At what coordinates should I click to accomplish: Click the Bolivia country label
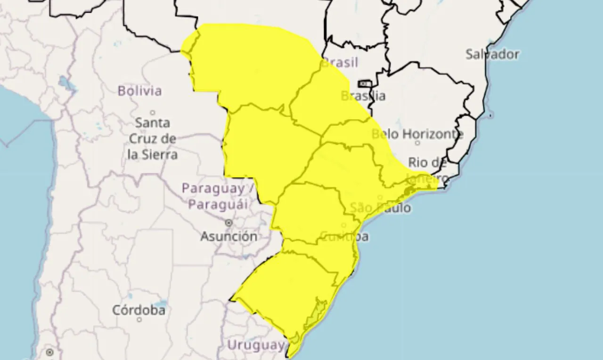click(139, 90)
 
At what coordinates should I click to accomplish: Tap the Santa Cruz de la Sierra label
click(153, 138)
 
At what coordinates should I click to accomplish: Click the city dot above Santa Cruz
click(153, 113)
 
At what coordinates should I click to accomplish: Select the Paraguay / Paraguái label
click(220, 196)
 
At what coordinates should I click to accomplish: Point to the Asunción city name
click(229, 236)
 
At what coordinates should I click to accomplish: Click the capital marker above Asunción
click(229, 222)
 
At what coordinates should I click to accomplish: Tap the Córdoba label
click(139, 310)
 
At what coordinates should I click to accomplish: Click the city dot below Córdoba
click(139, 319)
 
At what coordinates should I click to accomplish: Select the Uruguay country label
click(256, 345)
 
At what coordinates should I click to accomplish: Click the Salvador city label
click(492, 54)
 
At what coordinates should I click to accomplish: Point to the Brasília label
click(363, 96)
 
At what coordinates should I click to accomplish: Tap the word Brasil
click(339, 62)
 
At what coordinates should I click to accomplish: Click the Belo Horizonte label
click(417, 134)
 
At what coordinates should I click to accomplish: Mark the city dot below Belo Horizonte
click(417, 142)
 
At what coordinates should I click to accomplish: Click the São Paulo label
click(380, 207)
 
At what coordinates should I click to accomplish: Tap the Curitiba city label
click(344, 236)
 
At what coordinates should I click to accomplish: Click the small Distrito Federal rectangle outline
click(365, 84)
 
